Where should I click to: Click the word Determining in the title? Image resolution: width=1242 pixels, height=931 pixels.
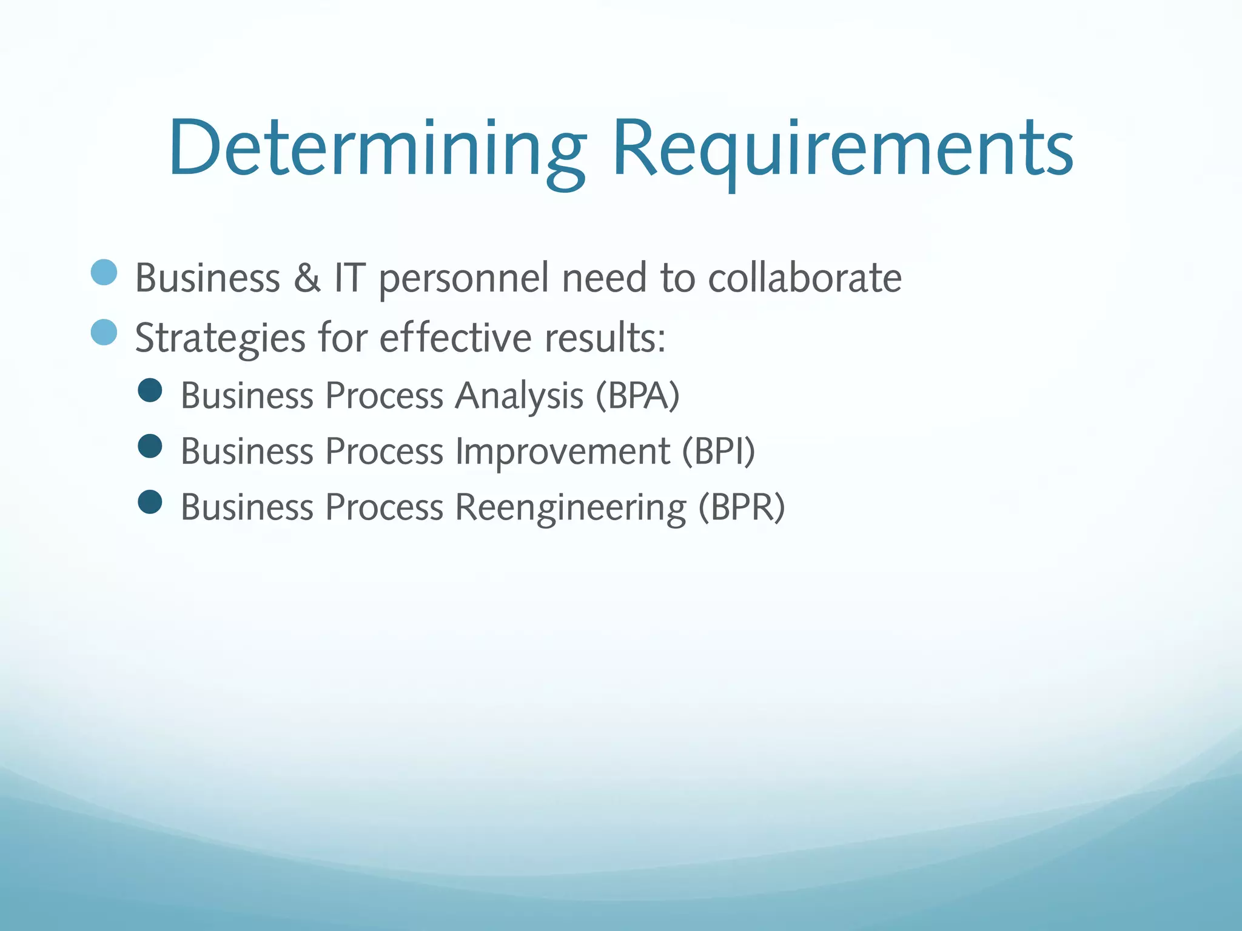click(376, 148)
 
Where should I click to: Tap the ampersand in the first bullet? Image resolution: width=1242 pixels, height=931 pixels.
click(307, 278)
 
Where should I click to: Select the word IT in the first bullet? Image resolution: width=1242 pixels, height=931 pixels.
click(350, 278)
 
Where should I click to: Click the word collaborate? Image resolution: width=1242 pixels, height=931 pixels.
click(805, 278)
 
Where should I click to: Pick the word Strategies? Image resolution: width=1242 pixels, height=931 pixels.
click(220, 338)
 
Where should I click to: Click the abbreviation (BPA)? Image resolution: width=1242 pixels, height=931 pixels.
click(637, 396)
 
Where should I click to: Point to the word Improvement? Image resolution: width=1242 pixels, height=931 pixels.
click(562, 452)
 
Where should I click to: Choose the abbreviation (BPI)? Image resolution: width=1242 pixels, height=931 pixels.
click(719, 452)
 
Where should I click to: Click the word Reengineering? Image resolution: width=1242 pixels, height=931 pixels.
click(570, 508)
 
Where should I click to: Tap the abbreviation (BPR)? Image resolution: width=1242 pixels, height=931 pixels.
click(741, 507)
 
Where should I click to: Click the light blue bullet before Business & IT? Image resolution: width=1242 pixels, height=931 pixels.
click(104, 272)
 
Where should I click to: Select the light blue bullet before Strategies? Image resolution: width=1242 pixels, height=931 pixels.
click(104, 332)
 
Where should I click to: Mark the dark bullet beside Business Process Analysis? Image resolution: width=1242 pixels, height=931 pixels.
click(150, 390)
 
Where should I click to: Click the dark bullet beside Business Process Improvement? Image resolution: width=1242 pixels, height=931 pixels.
click(150, 446)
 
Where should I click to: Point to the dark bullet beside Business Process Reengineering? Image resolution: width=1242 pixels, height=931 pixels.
click(150, 502)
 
